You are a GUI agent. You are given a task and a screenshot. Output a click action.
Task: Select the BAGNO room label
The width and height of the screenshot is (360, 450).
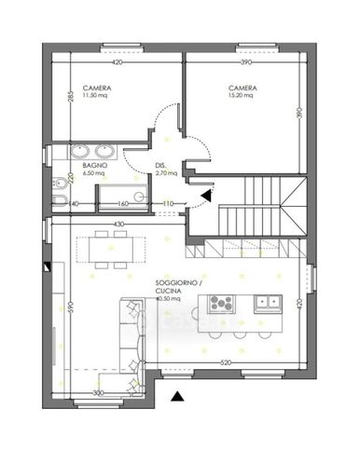tap(94, 165)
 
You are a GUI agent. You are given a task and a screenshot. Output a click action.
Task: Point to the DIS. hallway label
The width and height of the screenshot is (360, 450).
tap(161, 167)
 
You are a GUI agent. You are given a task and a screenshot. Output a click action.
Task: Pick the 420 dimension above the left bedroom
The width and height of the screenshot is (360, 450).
tap(118, 63)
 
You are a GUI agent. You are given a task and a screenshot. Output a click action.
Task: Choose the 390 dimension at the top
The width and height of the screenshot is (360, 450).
tap(246, 63)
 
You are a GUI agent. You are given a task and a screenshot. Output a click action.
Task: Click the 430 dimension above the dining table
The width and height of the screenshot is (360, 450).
tap(118, 225)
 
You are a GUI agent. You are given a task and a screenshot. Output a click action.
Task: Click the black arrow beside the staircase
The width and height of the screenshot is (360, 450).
tap(206, 194)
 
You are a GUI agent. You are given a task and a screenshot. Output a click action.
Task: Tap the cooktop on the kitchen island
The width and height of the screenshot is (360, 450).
tap(222, 302)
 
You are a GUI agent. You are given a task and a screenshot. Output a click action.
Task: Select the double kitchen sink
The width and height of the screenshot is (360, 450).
tap(270, 301)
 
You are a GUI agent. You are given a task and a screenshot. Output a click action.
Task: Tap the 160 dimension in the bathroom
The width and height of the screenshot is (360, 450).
tap(122, 204)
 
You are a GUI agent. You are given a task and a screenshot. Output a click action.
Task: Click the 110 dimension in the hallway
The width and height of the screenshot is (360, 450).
tap(169, 204)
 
